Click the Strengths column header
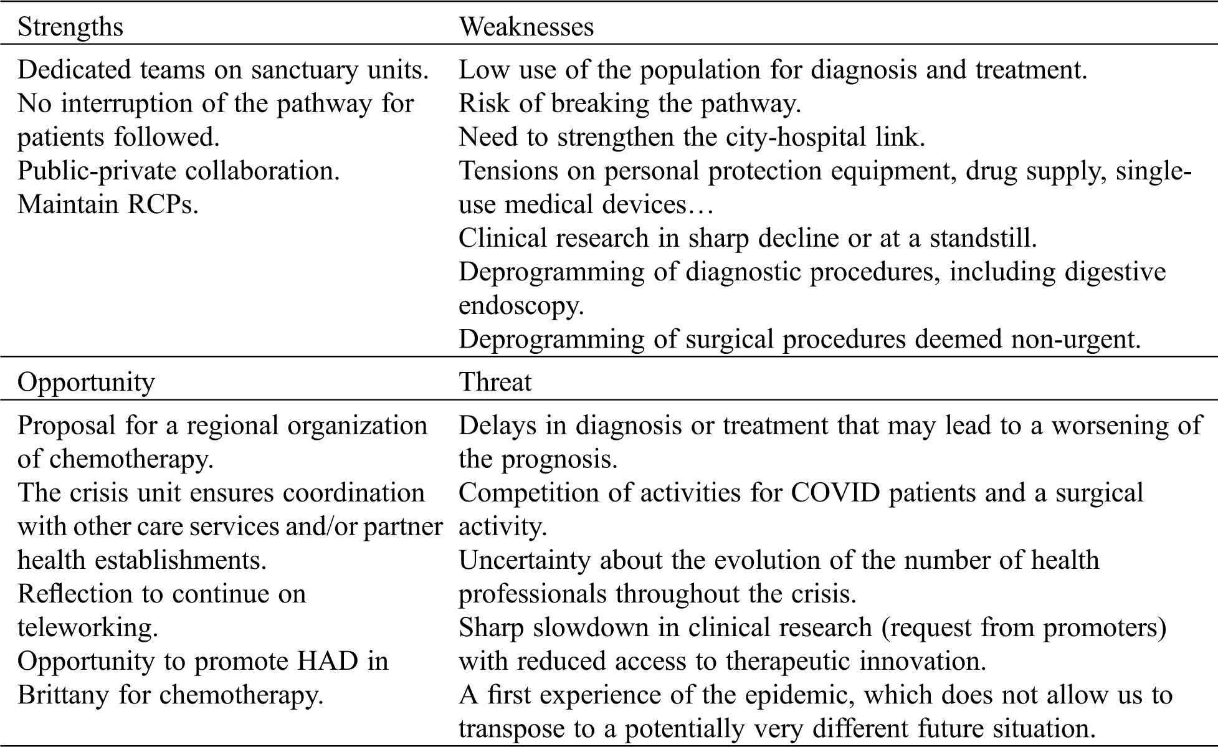[x=70, y=27]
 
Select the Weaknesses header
[x=526, y=27]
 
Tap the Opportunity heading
[x=86, y=382]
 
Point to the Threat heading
[x=495, y=382]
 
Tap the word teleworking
[x=87, y=627]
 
